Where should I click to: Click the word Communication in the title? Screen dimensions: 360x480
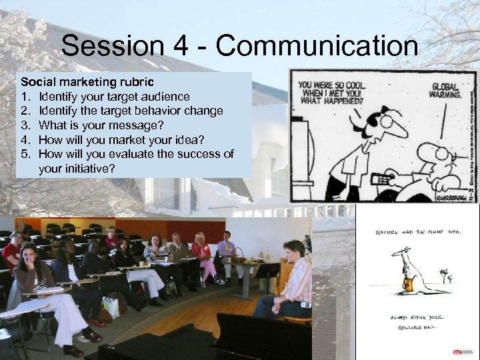[317, 47]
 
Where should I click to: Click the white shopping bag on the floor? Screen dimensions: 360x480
[111, 306]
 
